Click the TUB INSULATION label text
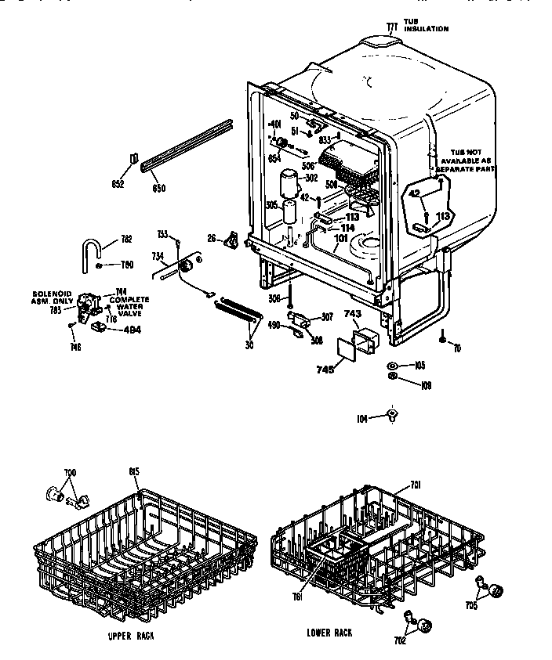426,26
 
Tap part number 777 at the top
392,27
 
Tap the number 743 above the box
353,314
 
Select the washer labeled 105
392,366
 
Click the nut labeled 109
392,380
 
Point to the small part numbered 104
391,415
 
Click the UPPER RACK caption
132,636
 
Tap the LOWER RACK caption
329,633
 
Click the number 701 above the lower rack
415,485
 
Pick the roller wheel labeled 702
426,624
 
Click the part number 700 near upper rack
71,474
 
